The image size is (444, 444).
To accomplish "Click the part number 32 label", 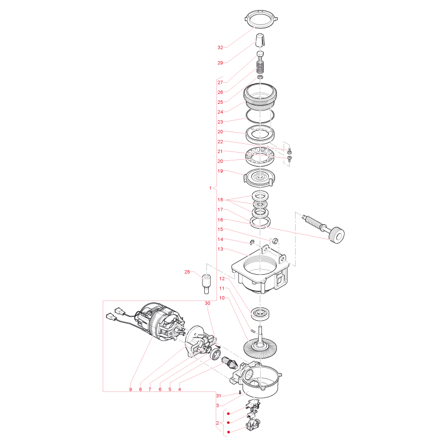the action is (220, 48).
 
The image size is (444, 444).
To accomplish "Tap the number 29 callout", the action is (220, 63).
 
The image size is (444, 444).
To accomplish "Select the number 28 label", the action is (187, 272).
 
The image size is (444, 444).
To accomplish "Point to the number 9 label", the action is (130, 390).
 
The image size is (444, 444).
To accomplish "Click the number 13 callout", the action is (220, 249).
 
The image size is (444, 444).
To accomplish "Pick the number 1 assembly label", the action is (210, 188).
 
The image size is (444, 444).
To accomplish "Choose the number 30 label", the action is (208, 303).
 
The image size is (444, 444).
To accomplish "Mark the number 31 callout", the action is (219, 396).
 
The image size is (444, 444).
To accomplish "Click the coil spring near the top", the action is (260, 67).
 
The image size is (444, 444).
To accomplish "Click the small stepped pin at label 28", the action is (206, 284).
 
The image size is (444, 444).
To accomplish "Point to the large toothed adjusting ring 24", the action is (260, 96).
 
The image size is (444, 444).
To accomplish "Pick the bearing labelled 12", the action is (260, 314).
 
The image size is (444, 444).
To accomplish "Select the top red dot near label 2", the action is (228, 413).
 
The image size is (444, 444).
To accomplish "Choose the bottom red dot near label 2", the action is (228, 432).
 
